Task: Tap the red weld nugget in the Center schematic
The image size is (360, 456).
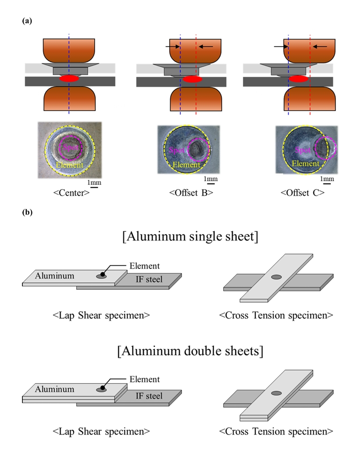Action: point(69,79)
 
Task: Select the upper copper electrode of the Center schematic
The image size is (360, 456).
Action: point(69,49)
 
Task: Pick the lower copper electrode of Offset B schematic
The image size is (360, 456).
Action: point(196,99)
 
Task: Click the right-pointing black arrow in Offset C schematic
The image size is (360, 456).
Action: point(280,46)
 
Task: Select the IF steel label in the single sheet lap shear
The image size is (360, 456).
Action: point(149,280)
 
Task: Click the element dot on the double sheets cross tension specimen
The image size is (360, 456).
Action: point(277,393)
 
